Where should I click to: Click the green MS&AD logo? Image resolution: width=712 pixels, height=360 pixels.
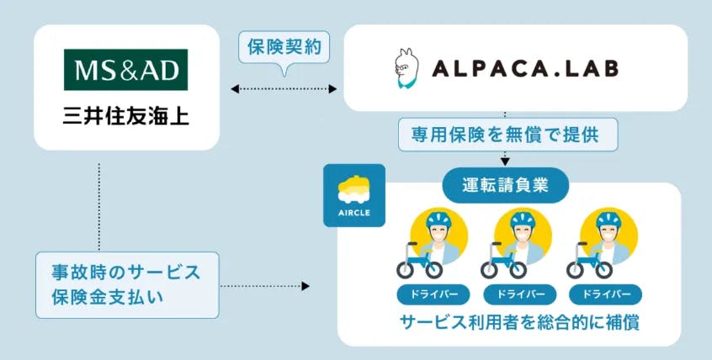tap(126, 70)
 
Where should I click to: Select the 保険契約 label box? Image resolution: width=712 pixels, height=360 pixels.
tap(284, 46)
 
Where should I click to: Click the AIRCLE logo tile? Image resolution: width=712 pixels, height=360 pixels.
tap(354, 194)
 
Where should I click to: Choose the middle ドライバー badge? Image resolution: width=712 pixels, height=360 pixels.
tap(519, 295)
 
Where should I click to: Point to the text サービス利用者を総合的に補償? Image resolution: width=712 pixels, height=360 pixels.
tap(515, 323)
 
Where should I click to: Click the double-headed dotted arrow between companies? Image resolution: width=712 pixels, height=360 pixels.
tap(284, 87)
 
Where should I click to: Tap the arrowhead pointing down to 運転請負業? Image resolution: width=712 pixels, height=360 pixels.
tap(505, 160)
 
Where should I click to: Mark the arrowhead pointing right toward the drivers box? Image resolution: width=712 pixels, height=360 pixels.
tap(305, 287)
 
